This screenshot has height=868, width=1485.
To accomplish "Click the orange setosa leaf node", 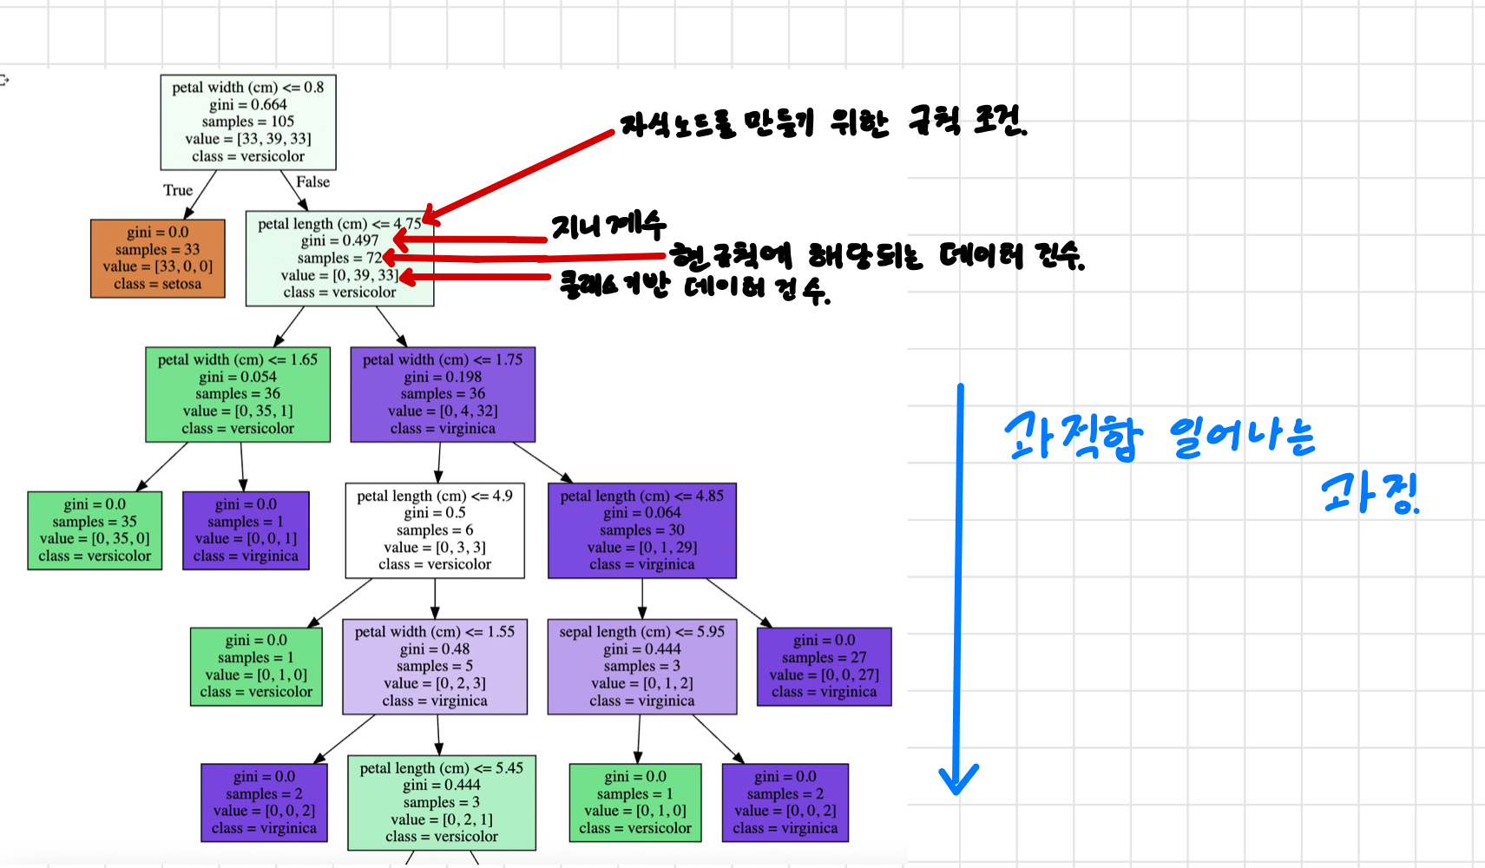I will tap(157, 258).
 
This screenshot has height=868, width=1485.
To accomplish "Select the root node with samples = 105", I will tap(247, 122).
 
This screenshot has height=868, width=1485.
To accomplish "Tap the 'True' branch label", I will tap(178, 190).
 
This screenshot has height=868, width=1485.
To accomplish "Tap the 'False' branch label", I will tap(312, 181).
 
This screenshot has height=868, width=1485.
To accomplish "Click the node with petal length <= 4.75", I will tap(339, 258).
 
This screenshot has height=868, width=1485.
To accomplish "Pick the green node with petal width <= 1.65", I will tap(238, 394).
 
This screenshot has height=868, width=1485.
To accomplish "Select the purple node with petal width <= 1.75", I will tap(443, 394).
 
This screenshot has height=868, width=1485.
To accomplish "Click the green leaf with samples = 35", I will tap(95, 530).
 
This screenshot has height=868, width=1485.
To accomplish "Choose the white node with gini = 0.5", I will tap(435, 530).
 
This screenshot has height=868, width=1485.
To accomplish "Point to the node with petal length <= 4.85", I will tap(642, 530).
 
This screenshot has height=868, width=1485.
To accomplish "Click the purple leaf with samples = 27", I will tap(824, 666).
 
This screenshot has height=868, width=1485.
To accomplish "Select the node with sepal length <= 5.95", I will tap(642, 666).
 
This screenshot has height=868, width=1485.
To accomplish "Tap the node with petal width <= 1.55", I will tap(435, 666).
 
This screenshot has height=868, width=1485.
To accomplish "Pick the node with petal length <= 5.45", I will tap(442, 802).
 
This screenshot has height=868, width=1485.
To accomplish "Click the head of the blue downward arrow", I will tap(958, 781).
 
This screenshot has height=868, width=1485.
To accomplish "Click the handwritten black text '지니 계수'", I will tap(608, 227).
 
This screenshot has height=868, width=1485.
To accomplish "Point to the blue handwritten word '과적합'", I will tap(1074, 437).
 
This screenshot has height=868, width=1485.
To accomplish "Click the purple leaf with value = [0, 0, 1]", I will tap(246, 530).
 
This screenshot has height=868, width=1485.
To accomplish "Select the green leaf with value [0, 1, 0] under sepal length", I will tap(635, 802).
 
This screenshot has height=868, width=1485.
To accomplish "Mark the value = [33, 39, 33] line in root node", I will tap(247, 139).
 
